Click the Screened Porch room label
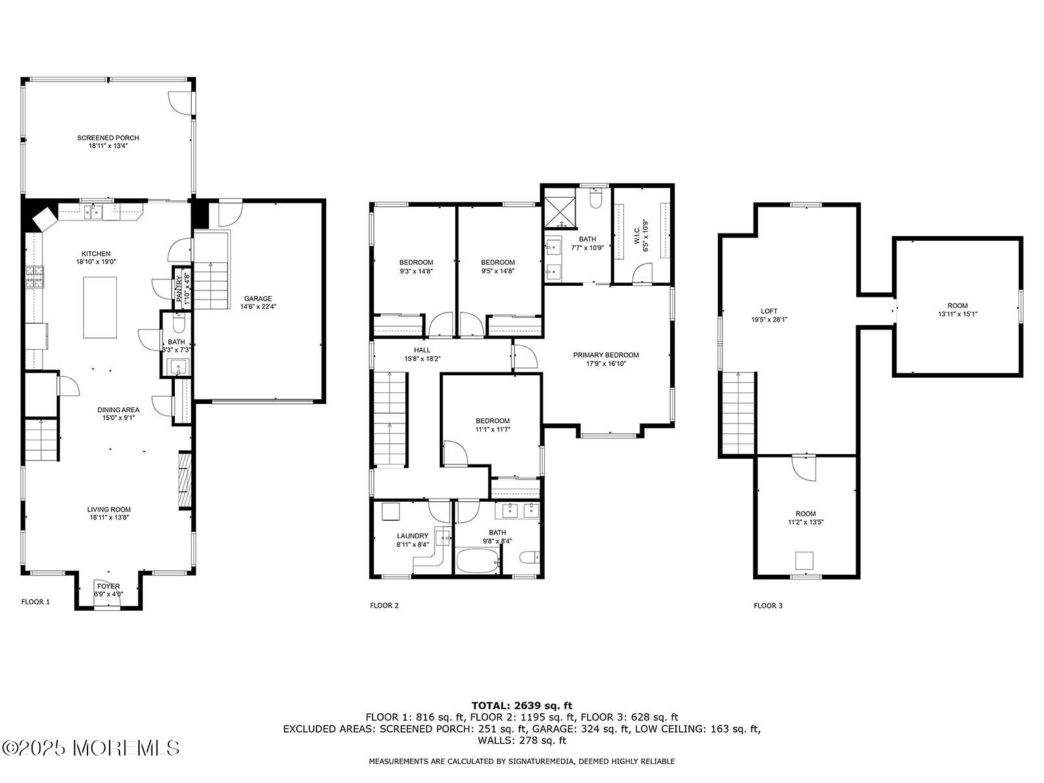[108, 138]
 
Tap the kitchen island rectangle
[100, 307]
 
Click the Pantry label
[179, 288]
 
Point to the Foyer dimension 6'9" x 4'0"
[108, 594]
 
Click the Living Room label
[109, 510]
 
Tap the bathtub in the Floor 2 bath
[477, 561]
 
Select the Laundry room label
[412, 536]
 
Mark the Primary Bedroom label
[606, 355]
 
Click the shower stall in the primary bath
[560, 207]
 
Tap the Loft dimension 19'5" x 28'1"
[769, 320]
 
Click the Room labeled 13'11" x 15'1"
[957, 305]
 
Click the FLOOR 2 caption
[384, 606]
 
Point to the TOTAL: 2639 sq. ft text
[521, 705]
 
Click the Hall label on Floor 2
[422, 350]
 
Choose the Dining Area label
[118, 410]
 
